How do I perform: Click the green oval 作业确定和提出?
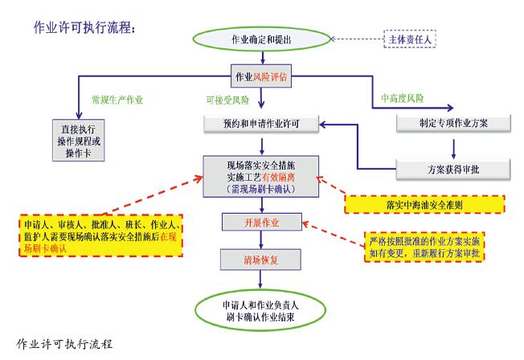click(262, 39)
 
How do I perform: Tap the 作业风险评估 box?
click(260, 78)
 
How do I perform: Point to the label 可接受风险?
click(228, 100)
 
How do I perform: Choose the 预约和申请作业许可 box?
click(262, 125)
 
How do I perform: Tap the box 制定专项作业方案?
click(452, 125)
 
